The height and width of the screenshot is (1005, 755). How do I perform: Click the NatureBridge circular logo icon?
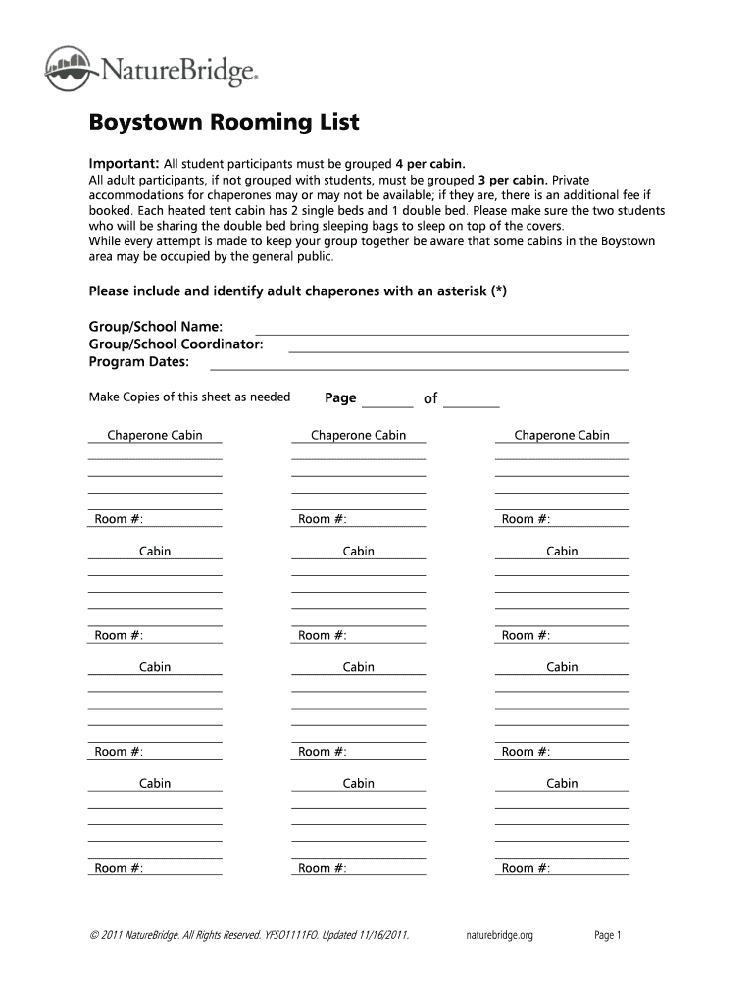tap(70, 69)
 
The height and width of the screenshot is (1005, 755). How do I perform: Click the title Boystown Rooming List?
tap(225, 123)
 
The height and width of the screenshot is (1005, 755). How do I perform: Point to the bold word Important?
tap(124, 163)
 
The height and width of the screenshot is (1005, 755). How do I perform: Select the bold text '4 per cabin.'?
tap(429, 163)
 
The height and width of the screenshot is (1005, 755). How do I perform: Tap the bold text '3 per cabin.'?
tap(513, 181)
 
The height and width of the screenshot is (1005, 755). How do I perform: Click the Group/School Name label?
tap(156, 326)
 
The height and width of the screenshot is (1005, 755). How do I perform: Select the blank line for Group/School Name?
tap(441, 333)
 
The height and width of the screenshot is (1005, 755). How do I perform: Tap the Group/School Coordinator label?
tap(176, 344)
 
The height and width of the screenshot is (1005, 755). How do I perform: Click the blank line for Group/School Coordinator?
tap(458, 350)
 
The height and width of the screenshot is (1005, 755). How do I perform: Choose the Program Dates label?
tap(139, 362)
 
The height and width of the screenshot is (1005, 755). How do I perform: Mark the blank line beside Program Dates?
tap(419, 368)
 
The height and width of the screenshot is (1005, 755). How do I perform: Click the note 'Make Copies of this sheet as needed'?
tap(189, 397)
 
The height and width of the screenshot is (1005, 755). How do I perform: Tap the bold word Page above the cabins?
tap(340, 397)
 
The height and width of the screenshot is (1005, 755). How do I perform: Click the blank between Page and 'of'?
tap(387, 404)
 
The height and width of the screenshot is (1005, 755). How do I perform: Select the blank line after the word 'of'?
tap(472, 404)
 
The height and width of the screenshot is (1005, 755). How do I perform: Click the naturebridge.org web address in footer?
tap(498, 935)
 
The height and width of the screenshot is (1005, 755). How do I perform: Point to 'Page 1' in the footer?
tap(608, 935)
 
